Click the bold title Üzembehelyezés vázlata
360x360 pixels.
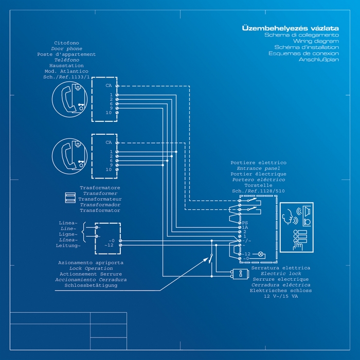click(290, 28)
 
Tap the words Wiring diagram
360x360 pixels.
click(316, 41)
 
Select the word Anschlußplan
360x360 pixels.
click(319, 60)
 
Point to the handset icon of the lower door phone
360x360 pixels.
click(68, 156)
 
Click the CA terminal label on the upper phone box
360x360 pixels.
click(109, 86)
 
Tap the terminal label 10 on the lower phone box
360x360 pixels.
click(109, 169)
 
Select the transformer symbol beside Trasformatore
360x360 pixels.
click(70, 197)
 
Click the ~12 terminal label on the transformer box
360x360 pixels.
click(109, 245)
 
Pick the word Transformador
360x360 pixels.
click(100, 205)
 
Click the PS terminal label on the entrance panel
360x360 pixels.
click(245, 223)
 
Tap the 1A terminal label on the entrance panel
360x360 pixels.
click(245, 227)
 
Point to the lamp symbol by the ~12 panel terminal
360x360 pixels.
click(260, 254)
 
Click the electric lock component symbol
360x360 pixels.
click(240, 274)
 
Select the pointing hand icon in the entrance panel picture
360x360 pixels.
click(298, 245)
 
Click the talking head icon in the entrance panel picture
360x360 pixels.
click(287, 217)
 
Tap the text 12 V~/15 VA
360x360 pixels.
click(281, 296)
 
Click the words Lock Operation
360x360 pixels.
click(91, 268)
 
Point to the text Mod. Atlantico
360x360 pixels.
click(66, 71)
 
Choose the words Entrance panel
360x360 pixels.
click(259, 168)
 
